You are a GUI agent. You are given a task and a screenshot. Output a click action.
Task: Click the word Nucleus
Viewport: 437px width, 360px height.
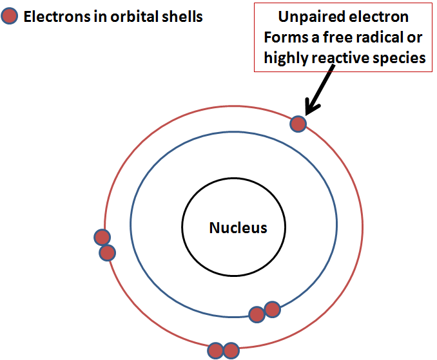[238, 227]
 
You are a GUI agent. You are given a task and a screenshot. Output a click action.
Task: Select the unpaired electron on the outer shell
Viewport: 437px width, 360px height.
[298, 123]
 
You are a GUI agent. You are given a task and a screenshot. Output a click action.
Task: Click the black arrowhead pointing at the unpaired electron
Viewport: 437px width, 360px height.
[312, 105]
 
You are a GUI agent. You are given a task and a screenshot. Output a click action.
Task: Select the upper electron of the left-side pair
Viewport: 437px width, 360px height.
[102, 237]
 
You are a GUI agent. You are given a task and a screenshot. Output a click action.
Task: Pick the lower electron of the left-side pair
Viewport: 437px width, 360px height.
[107, 252]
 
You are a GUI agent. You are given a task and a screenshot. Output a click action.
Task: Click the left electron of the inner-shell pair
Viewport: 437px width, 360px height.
[257, 314]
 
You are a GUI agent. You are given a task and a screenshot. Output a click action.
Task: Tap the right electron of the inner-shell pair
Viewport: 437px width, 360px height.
[272, 309]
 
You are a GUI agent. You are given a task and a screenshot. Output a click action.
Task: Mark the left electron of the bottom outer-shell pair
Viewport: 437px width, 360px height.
[216, 351]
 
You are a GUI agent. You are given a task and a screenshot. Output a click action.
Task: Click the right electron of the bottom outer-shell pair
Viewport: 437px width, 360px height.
[231, 351]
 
